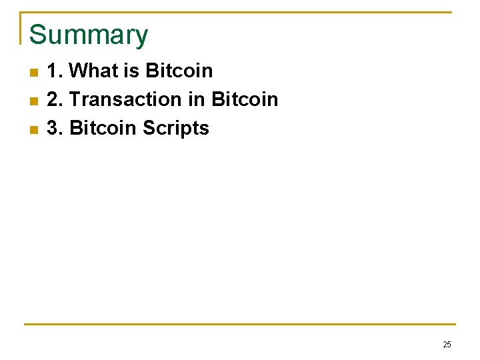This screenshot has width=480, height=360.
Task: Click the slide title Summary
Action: [x=89, y=35]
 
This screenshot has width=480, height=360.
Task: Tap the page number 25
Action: [x=447, y=345]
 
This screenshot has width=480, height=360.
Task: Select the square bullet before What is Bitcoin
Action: [x=33, y=72]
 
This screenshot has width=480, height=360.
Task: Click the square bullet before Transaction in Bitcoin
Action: [x=33, y=101]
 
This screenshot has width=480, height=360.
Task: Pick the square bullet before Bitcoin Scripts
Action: [x=33, y=129]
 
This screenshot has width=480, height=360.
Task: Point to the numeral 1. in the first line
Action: [x=55, y=71]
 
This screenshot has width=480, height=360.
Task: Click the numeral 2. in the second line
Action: [x=55, y=99]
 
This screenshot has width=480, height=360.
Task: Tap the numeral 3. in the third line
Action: [x=55, y=128]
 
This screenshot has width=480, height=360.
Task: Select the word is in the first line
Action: [x=131, y=71]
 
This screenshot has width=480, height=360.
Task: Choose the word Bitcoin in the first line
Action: [x=179, y=71]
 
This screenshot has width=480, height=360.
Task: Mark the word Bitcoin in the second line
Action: [x=244, y=99]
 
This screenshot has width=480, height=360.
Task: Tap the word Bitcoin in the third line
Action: [x=103, y=128]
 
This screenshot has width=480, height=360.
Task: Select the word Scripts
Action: [x=175, y=128]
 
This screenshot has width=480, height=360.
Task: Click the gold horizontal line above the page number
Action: [x=240, y=325]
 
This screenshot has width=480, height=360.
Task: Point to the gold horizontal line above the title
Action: [x=240, y=12]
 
